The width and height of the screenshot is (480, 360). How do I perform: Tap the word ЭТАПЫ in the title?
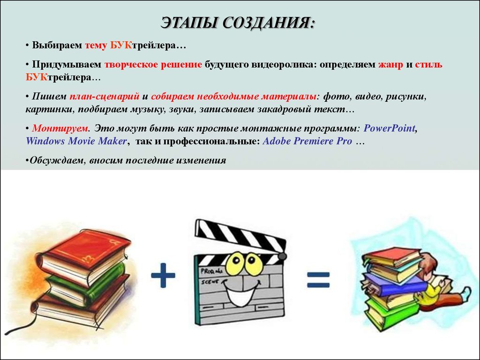[189, 23]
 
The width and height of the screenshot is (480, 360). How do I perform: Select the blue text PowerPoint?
[390, 128]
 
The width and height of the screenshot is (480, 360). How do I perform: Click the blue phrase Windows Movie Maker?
[76, 141]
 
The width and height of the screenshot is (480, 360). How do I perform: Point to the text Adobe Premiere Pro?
[307, 141]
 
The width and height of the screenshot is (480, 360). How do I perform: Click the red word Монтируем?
[60, 128]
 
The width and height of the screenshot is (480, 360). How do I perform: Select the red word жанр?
[390, 64]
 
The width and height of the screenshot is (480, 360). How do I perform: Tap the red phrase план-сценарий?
[105, 97]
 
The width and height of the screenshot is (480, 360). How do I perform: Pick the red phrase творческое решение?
[153, 64]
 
